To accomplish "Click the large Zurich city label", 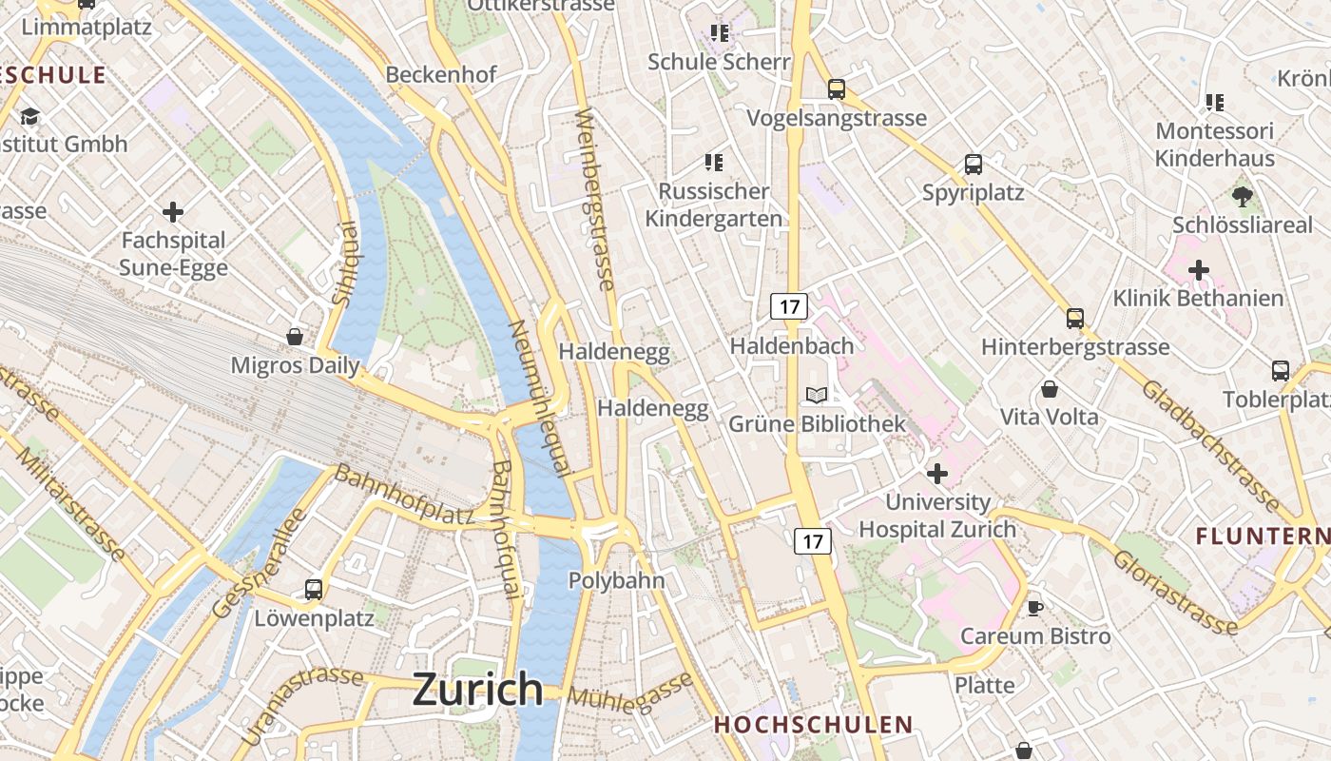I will (477, 689).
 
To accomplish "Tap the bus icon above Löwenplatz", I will (314, 589).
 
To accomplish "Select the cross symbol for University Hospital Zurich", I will (937, 473).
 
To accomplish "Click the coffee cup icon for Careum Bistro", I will (1035, 607).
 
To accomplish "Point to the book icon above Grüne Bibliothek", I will (817, 395).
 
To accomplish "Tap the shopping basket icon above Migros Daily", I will (295, 337).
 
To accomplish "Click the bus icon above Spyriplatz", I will (974, 164).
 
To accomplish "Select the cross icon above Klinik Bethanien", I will (1199, 270).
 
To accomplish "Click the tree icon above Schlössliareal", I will (1242, 197).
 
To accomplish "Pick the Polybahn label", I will (616, 580).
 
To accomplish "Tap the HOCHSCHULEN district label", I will (813, 725).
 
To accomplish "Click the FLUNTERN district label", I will (1263, 536).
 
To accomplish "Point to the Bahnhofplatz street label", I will (403, 496).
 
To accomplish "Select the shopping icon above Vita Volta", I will (1050, 389).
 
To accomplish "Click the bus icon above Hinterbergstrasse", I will (1075, 318).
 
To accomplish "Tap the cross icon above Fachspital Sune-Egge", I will (173, 211).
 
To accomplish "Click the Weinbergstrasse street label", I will (595, 200).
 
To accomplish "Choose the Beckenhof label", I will (441, 74).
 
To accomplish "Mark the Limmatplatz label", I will (87, 27).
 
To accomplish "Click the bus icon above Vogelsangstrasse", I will (837, 89).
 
